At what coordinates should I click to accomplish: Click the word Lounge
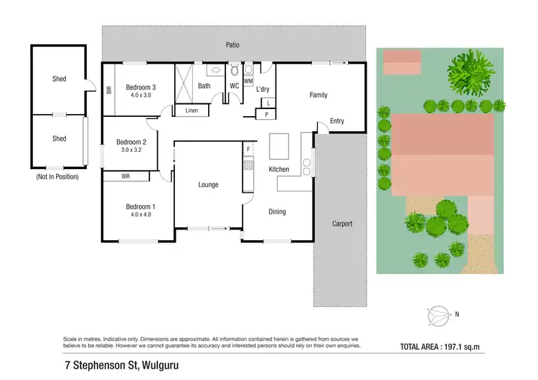pyautogui.click(x=208, y=185)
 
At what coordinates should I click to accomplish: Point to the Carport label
pyautogui.click(x=342, y=224)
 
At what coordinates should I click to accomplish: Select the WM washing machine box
pyautogui.click(x=249, y=81)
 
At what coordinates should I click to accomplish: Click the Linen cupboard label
pyautogui.click(x=191, y=110)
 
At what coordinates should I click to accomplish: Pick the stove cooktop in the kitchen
pyautogui.click(x=248, y=166)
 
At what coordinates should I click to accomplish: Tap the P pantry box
pyautogui.click(x=267, y=114)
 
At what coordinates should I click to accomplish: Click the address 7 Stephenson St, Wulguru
pyautogui.click(x=121, y=366)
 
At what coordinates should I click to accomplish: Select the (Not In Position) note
pyautogui.click(x=57, y=176)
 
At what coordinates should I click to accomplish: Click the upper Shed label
pyautogui.click(x=59, y=79)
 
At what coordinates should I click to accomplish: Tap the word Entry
pyautogui.click(x=336, y=121)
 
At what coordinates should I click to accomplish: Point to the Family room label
pyautogui.click(x=318, y=95)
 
